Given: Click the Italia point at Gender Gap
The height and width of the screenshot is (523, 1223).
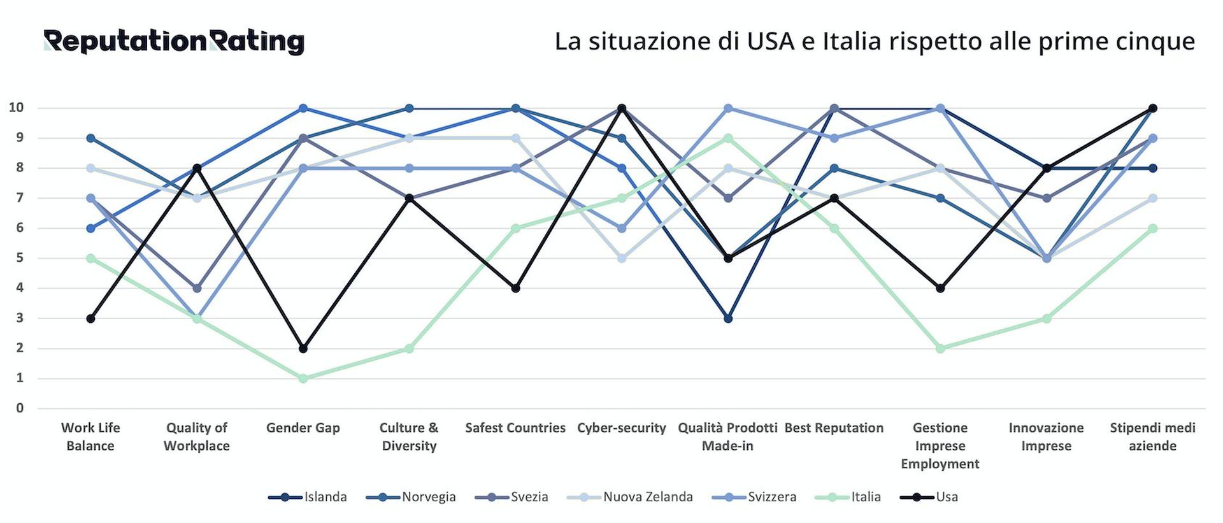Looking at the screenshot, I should pyautogui.click(x=303, y=378).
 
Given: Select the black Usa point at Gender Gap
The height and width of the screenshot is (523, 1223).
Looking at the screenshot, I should pyautogui.click(x=303, y=348).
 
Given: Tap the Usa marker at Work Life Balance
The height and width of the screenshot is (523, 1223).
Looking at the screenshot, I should pyautogui.click(x=90, y=319).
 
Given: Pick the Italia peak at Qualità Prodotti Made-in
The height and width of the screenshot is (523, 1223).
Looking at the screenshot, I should pyautogui.click(x=728, y=138).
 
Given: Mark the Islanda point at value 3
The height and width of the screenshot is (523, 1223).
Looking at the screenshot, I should pyautogui.click(x=728, y=319).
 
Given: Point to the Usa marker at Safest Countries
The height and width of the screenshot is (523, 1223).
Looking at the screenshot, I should pyautogui.click(x=515, y=289).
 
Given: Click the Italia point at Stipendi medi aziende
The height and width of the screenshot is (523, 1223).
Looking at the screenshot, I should pyautogui.click(x=1152, y=228).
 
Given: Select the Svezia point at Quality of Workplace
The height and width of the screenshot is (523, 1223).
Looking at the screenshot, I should pyautogui.click(x=197, y=289).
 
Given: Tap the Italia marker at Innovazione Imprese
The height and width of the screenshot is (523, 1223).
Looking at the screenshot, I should pyautogui.click(x=1047, y=319).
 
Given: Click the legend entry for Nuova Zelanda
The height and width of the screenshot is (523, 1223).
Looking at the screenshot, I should pyautogui.click(x=647, y=497).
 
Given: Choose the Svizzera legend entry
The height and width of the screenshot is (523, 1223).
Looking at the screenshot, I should pyautogui.click(x=771, y=497).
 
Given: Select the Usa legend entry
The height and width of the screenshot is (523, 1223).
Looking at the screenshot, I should pyautogui.click(x=947, y=497).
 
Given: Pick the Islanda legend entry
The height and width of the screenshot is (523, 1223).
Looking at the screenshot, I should pyautogui.click(x=325, y=497).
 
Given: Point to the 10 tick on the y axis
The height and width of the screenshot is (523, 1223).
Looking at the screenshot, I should pyautogui.click(x=16, y=108).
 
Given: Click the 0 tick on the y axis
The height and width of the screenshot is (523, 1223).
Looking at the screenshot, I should pyautogui.click(x=20, y=408).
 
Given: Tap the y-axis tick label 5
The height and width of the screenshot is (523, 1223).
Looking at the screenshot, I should pyautogui.click(x=20, y=258).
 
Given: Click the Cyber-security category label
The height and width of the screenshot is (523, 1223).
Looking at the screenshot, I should pyautogui.click(x=621, y=428).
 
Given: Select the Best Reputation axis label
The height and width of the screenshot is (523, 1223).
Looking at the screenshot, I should pyautogui.click(x=834, y=428).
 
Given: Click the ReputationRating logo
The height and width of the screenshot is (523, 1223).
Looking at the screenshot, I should pyautogui.click(x=174, y=41).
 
